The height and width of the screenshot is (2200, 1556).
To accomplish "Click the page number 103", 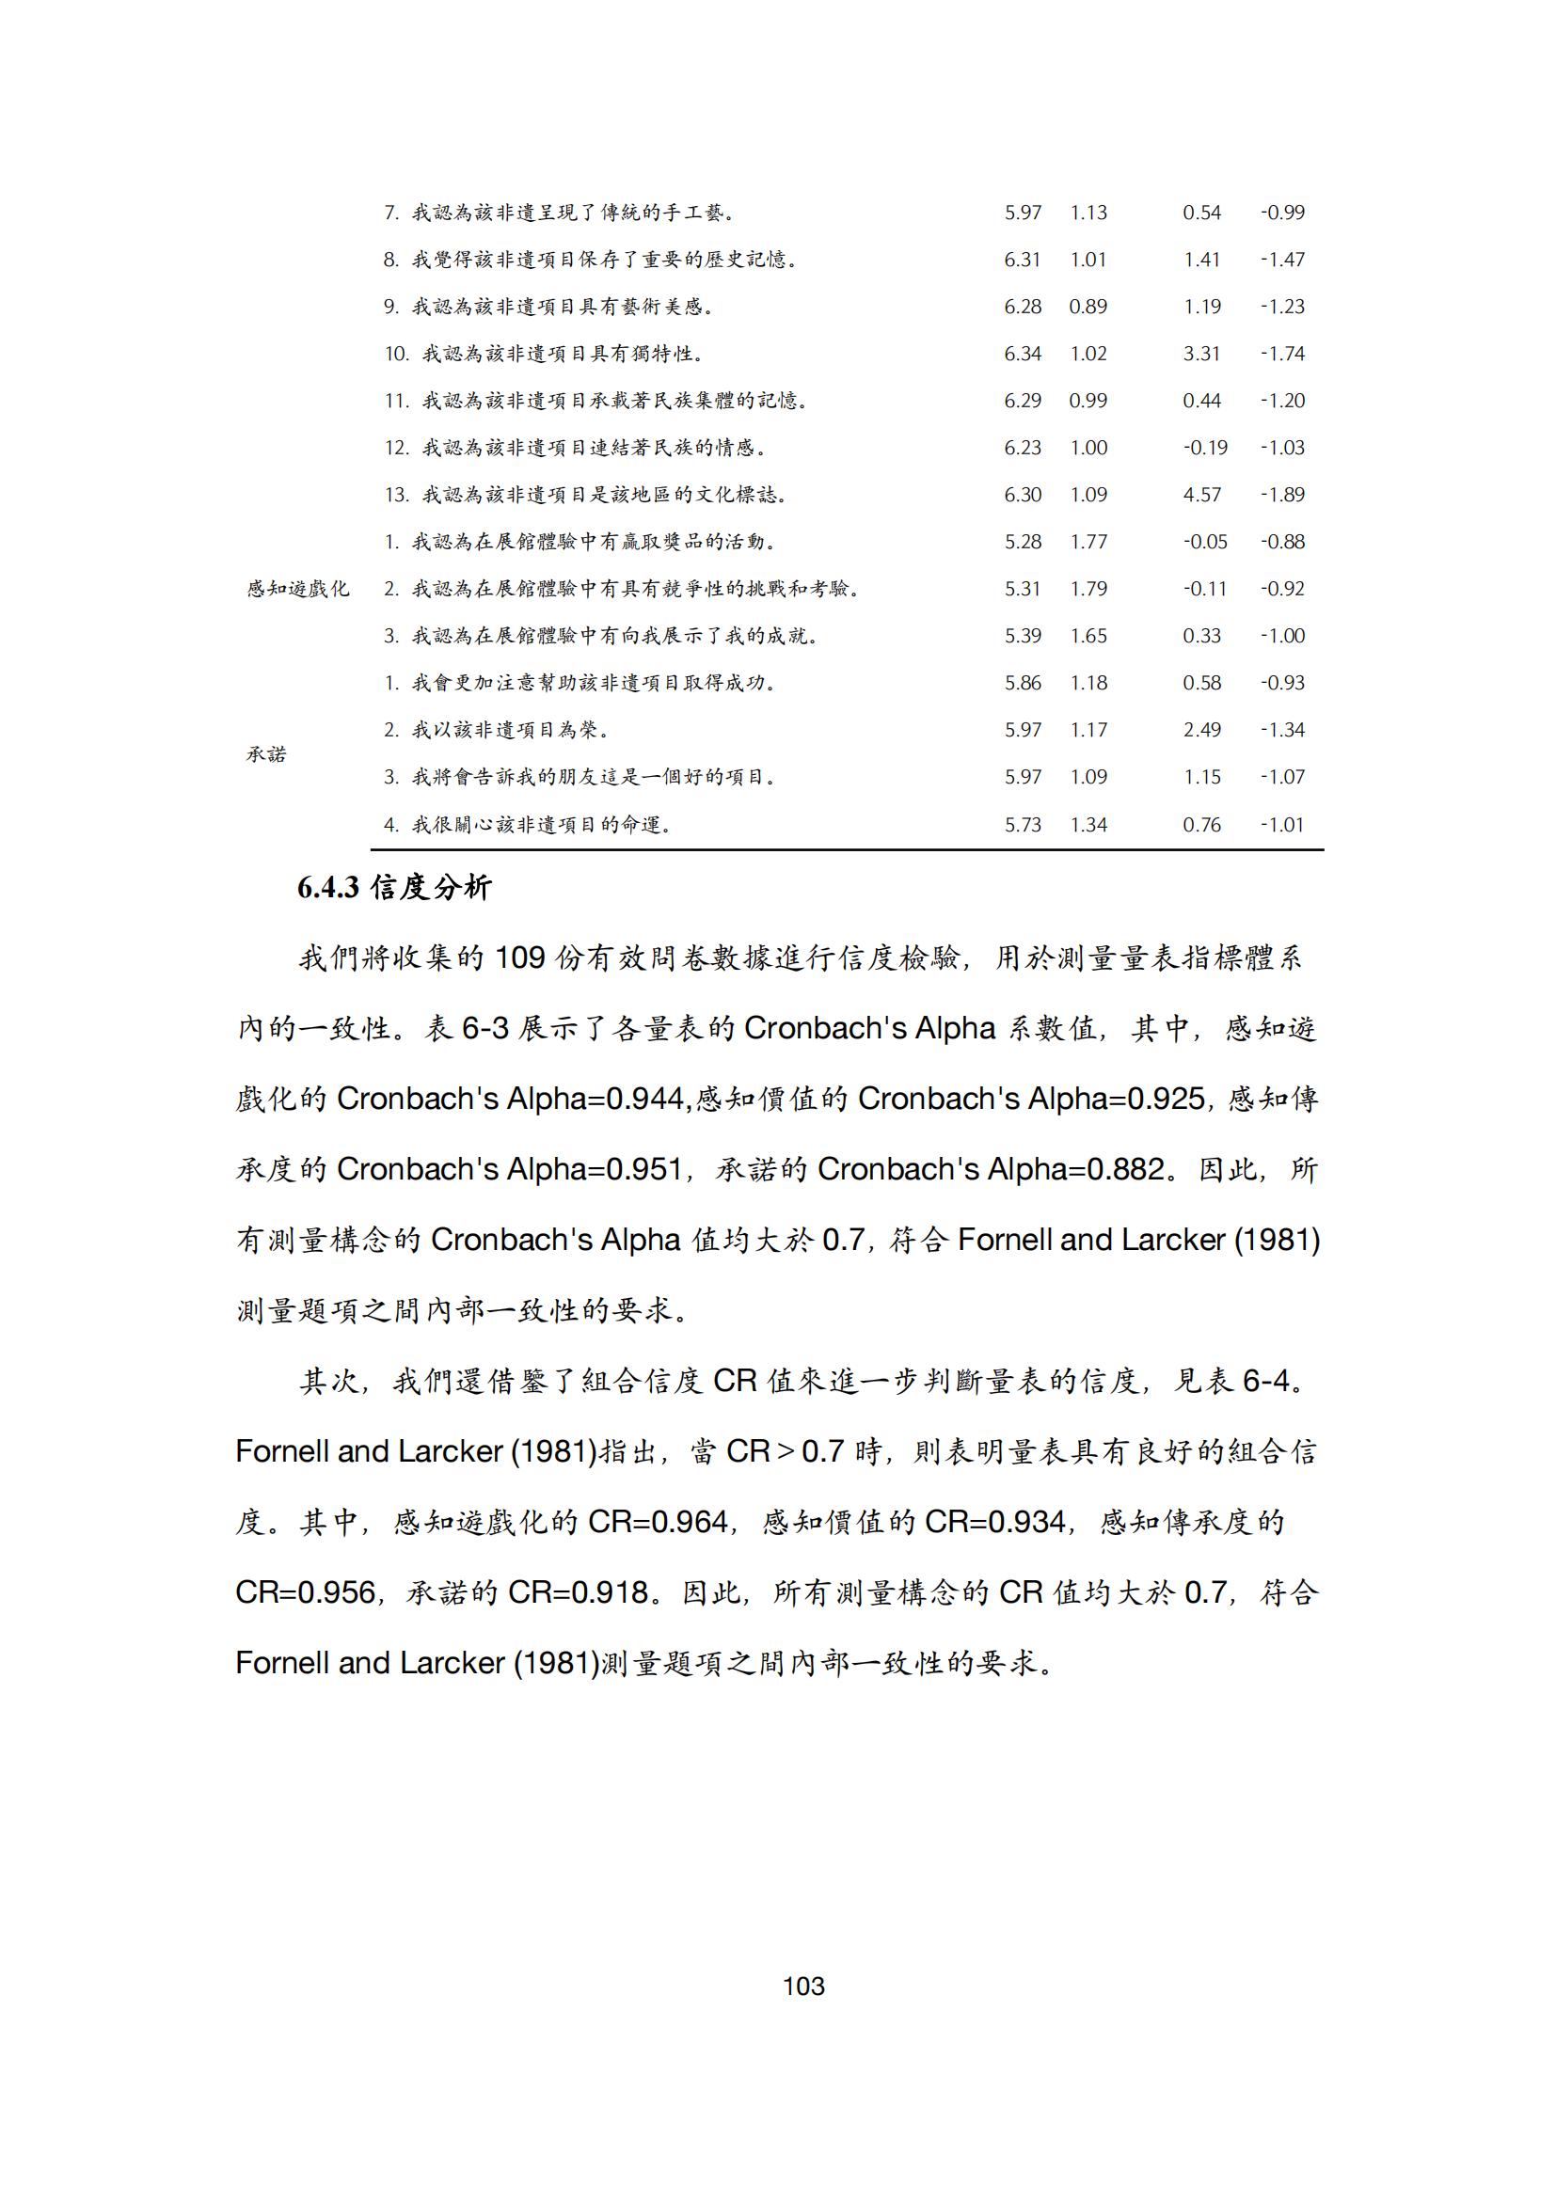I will [802, 1986].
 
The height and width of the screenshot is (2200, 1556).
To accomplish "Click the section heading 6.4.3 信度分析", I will [394, 888].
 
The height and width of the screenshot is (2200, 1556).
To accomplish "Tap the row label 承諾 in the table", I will [266, 754].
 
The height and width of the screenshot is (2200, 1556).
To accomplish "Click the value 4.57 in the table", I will [1201, 496].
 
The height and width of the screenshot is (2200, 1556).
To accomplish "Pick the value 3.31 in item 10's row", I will [1201, 355].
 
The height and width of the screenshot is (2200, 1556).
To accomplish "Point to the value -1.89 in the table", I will [1282, 496].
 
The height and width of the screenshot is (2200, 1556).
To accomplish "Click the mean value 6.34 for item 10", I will [1023, 355].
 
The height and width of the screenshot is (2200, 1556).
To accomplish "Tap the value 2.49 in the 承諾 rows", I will [1201, 730].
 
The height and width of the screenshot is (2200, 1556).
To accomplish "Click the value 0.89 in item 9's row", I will [1088, 308].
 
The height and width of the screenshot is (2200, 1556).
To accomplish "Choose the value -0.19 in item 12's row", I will [1204, 449].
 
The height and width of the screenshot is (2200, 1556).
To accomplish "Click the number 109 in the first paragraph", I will [519, 958].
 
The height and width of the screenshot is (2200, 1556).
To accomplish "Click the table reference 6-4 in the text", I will [1265, 1382].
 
